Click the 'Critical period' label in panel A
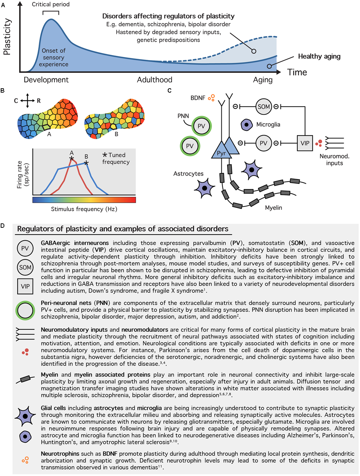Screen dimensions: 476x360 pyautogui.click(x=51, y=4)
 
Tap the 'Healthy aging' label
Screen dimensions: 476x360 pyautogui.click(x=319, y=56)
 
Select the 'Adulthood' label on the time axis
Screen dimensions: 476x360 pyautogui.click(x=154, y=80)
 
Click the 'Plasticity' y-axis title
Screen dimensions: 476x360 pyautogui.click(x=7, y=37)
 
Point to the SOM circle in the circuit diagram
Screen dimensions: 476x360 pyautogui.click(x=264, y=107)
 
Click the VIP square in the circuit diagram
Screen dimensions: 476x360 pyautogui.click(x=305, y=143)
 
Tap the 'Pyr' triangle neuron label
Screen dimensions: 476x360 pyautogui.click(x=221, y=153)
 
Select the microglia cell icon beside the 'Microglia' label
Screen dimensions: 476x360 pyautogui.click(x=246, y=125)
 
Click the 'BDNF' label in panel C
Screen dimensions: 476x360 pyautogui.click(x=198, y=98)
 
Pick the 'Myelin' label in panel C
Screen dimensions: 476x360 pyautogui.click(x=273, y=208)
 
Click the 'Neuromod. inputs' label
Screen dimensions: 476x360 pyautogui.click(x=334, y=160)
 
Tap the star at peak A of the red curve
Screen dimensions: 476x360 pyautogui.click(x=72, y=159)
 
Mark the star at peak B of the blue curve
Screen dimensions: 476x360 pyautogui.click(x=86, y=163)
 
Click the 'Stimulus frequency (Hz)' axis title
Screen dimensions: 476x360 pyautogui.click(x=84, y=209)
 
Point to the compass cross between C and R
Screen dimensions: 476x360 pyautogui.click(x=27, y=101)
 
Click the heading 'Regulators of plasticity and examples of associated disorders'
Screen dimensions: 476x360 pyautogui.click(x=122, y=229)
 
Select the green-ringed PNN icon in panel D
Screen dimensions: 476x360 pyautogui.click(x=25, y=311)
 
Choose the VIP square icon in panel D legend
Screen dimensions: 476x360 pyautogui.click(x=25, y=286)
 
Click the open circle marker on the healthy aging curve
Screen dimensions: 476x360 pyautogui.click(x=269, y=66)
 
